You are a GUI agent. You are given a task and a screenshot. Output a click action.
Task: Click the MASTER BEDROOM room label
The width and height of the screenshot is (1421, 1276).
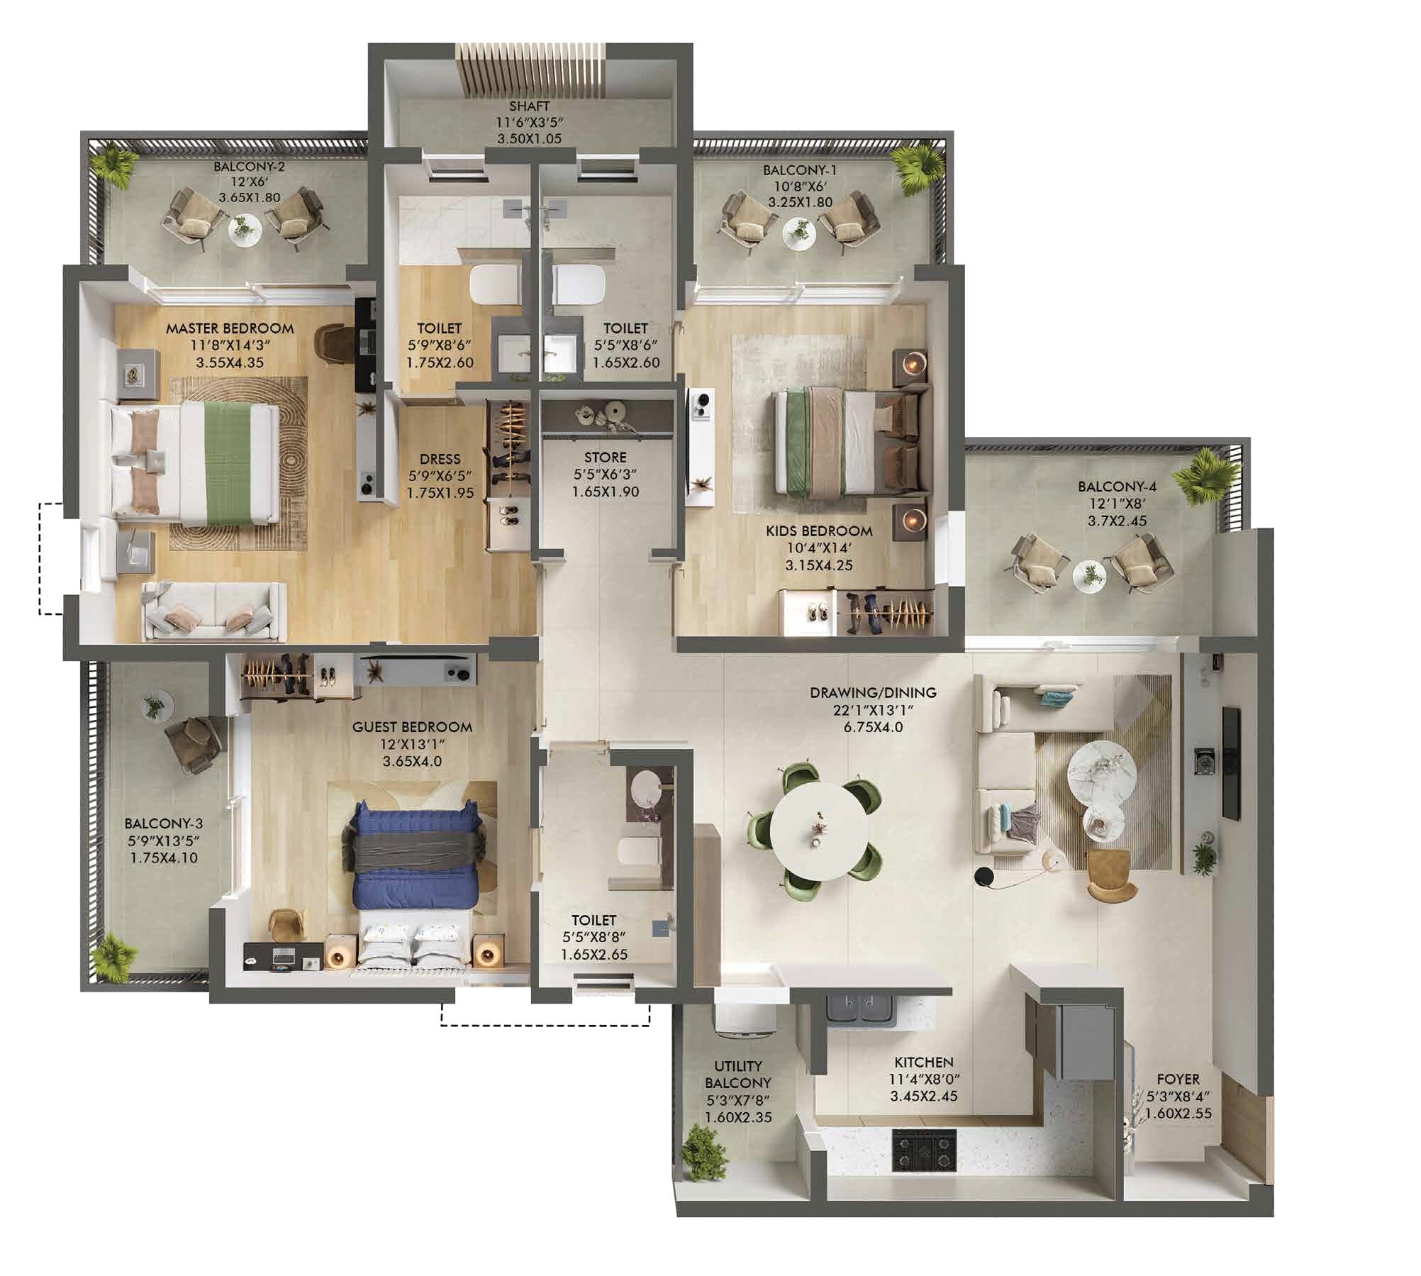tap(230, 328)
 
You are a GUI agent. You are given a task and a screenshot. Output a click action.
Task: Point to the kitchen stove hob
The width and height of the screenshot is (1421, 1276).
tap(923, 1150)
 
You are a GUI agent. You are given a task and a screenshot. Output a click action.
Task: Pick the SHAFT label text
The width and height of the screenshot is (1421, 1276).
tap(529, 106)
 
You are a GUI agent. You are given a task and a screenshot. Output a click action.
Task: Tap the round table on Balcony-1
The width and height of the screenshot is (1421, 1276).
tap(800, 231)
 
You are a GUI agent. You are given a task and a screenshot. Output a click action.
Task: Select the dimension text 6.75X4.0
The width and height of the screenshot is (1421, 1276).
tap(873, 727)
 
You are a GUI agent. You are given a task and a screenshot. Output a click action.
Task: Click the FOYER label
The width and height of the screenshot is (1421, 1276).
tap(1178, 1080)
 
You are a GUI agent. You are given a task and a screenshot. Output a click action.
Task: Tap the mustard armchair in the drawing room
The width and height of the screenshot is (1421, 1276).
tap(1110, 876)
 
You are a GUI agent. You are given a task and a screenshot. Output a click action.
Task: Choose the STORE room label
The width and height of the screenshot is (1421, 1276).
tap(605, 457)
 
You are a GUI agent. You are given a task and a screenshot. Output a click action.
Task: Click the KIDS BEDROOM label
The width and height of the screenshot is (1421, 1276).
tap(818, 531)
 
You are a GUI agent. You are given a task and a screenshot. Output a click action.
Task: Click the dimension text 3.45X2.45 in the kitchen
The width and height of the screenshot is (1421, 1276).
tap(923, 1096)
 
